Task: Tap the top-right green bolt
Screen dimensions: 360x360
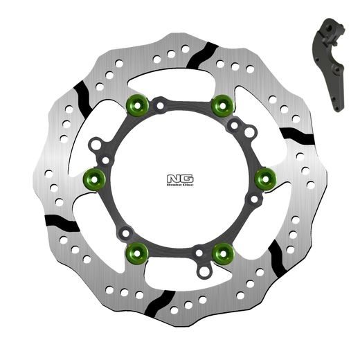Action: coord(222,105)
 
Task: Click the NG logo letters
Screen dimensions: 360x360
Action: coord(178,178)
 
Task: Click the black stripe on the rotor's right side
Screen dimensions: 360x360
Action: coord(296,136)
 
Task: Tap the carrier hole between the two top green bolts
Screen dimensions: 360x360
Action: coord(159,107)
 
